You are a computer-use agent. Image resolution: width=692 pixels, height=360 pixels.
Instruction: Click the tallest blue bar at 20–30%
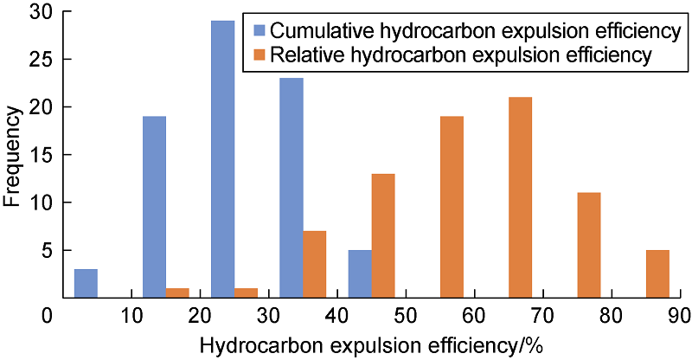(222, 159)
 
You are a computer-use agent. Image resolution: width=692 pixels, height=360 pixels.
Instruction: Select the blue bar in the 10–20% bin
(154, 207)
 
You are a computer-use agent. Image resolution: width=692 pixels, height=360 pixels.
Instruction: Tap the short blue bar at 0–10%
(86, 283)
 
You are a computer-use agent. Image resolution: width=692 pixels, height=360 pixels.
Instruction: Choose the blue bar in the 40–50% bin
(360, 273)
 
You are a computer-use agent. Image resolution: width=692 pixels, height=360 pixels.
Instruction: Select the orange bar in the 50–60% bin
(452, 207)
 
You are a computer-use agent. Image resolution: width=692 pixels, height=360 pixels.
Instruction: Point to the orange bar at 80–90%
(657, 273)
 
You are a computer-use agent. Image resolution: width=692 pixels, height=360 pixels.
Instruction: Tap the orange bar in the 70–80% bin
(589, 245)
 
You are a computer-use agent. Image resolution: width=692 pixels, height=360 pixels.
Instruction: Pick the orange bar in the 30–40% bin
(315, 264)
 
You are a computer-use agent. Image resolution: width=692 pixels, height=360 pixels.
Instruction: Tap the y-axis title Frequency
(12, 154)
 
